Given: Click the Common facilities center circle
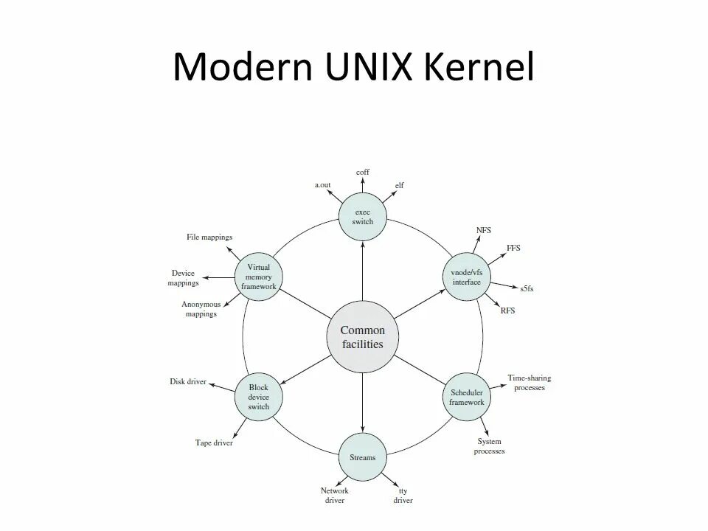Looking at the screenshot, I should pyautogui.click(x=363, y=337).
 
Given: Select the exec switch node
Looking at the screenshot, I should pyautogui.click(x=363, y=217).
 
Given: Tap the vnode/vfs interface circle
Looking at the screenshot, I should pyautogui.click(x=465, y=277).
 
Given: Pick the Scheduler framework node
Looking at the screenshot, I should pyautogui.click(x=467, y=398).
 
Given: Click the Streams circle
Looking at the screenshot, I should pyautogui.click(x=363, y=457).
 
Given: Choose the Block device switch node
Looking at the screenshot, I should pyautogui.click(x=259, y=397).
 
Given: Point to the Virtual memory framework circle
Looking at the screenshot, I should pyautogui.click(x=259, y=277).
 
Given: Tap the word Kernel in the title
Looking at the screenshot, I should pyautogui.click(x=480, y=67).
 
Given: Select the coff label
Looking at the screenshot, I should pyautogui.click(x=363, y=172).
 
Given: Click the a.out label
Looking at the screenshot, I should pyautogui.click(x=324, y=185).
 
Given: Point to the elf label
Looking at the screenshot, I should pyautogui.click(x=400, y=185).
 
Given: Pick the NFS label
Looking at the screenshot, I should pyautogui.click(x=484, y=230).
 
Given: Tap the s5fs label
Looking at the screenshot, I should pyautogui.click(x=527, y=288).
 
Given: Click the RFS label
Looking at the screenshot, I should pyautogui.click(x=507, y=310).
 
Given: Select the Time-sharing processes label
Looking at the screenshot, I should pyautogui.click(x=529, y=383).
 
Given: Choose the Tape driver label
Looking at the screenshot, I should pyautogui.click(x=214, y=442).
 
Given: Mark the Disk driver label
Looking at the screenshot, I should pyautogui.click(x=188, y=382).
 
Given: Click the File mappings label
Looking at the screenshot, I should pyautogui.click(x=209, y=237).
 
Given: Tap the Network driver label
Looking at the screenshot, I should pyautogui.click(x=334, y=496).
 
